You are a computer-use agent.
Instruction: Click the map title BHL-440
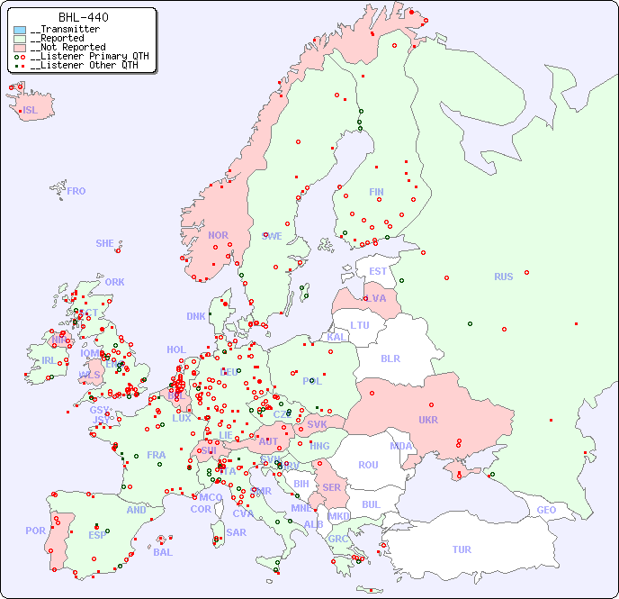coord(83,17)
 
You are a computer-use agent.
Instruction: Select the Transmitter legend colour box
coord(20,30)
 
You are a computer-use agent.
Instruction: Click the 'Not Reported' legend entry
coord(67,47)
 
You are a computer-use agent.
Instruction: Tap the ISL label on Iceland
coord(31,111)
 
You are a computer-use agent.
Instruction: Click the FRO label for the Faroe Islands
coord(76,191)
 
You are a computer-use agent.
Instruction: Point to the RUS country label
coord(503,277)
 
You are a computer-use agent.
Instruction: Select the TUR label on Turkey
coord(462,549)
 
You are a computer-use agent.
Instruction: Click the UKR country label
coord(428,420)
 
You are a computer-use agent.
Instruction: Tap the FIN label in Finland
coord(376,192)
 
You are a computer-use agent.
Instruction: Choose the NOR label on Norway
coord(218,235)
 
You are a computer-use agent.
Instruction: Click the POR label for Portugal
coord(35,531)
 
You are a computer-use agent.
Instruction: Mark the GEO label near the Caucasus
coord(546,510)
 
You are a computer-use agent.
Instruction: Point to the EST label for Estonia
coord(378,271)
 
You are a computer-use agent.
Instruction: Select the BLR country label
coord(390,358)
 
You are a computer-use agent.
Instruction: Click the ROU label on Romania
coord(368,465)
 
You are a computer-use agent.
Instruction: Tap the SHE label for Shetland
coord(105,243)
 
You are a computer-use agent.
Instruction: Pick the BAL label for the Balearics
coord(162,552)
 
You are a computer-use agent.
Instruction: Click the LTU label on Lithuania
coord(360,325)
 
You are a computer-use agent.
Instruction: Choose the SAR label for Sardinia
coord(236,532)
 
